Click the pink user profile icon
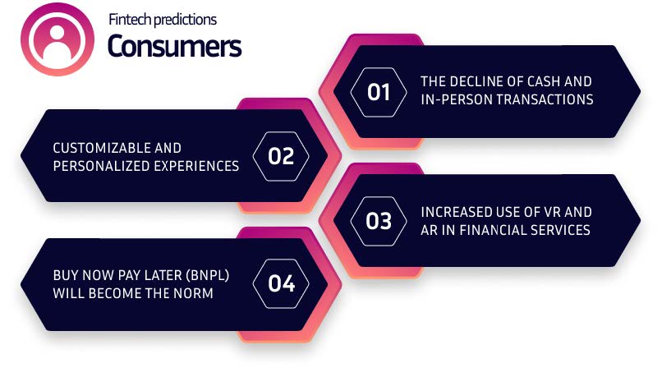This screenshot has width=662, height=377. (x=57, y=39)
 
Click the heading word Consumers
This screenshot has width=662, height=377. (x=174, y=46)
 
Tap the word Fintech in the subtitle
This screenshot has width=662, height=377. (x=128, y=19)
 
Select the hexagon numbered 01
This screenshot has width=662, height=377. (x=379, y=92)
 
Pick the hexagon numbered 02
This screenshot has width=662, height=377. (x=281, y=156)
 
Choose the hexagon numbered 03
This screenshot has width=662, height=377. (x=379, y=221)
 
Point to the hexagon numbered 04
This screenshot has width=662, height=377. (x=281, y=283)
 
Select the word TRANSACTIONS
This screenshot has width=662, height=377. (x=545, y=99)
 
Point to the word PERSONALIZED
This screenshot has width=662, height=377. (x=101, y=166)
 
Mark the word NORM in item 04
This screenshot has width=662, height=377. (x=193, y=293)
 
